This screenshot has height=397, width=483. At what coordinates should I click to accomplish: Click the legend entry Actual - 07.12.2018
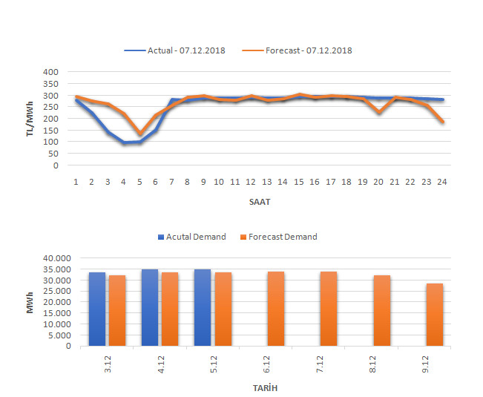[x=185, y=50]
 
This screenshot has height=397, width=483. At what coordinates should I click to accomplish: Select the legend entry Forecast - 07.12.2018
[x=308, y=50]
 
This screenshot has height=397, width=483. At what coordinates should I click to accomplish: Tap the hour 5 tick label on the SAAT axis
[x=140, y=182]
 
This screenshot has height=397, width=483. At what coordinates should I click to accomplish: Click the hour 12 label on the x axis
[x=252, y=182]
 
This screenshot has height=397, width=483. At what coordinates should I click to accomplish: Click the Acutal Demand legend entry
[x=194, y=237]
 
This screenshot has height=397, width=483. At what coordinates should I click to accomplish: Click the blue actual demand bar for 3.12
[x=97, y=309]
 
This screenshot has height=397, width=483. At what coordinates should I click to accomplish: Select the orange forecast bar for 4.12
[x=169, y=309]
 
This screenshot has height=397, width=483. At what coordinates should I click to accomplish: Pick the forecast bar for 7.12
[x=329, y=309]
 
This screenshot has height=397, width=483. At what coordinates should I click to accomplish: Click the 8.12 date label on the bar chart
[x=382, y=363]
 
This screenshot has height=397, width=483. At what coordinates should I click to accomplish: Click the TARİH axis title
[x=265, y=387]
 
